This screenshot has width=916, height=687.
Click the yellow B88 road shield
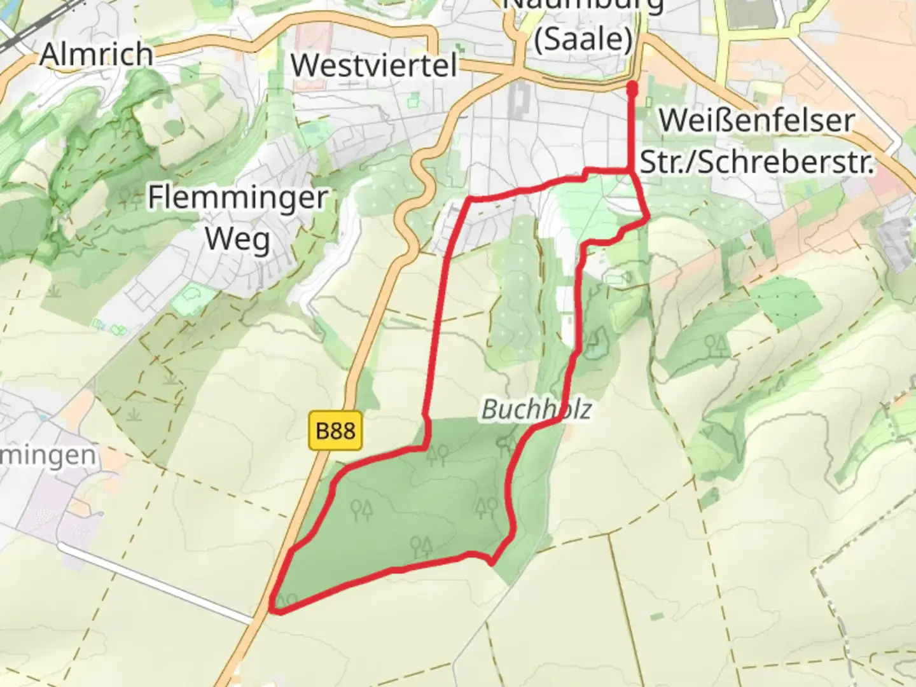(335, 431)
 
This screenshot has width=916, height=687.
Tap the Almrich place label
(96, 54)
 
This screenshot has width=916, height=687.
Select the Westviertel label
(374, 65)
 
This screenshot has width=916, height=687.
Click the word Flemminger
(237, 198)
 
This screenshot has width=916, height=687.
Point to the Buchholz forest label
(536, 409)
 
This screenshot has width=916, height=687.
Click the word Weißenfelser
(756, 121)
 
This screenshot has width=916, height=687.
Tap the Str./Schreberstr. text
(756, 162)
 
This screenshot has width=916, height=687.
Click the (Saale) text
(583, 39)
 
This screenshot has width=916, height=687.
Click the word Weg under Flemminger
(237, 239)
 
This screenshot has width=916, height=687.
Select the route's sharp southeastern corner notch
(492, 562)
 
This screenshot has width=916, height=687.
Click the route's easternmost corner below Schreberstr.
(648, 219)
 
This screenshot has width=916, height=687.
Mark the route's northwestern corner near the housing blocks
(471, 201)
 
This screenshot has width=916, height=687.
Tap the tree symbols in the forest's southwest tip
(287, 600)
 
